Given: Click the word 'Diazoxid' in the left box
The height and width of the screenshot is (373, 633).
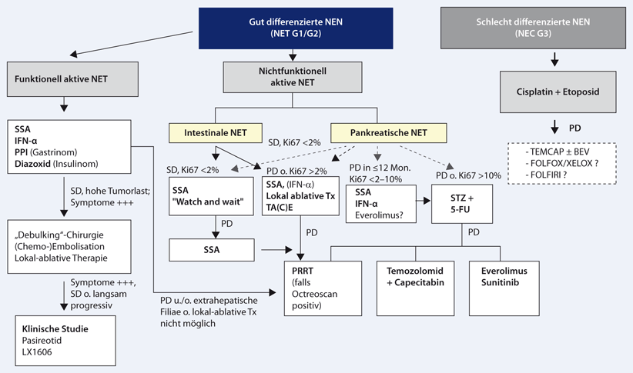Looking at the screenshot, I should [x=35, y=162].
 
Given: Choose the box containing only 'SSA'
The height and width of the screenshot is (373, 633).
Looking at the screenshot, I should [x=212, y=250].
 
